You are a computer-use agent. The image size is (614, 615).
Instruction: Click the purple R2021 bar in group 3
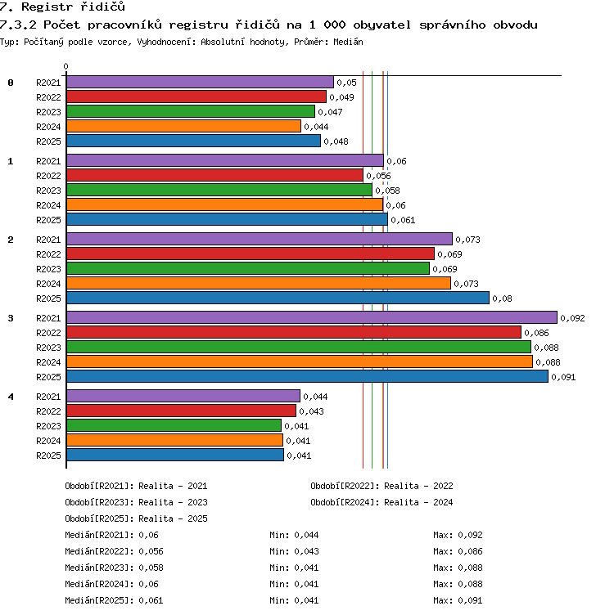point(312,317)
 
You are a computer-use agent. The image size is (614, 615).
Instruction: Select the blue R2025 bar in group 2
point(278,298)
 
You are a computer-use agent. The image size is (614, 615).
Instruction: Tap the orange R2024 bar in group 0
point(183,126)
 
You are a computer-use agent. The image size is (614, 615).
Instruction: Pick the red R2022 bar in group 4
point(182,411)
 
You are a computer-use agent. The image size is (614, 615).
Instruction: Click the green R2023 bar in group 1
point(219,190)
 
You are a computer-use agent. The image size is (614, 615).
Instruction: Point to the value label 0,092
point(572,318)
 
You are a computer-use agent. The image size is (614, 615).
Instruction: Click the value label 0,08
point(502,299)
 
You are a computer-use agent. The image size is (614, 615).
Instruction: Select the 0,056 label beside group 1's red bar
point(378,176)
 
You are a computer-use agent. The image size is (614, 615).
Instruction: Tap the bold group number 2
point(11,240)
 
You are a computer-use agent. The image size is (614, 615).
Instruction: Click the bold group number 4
point(11,397)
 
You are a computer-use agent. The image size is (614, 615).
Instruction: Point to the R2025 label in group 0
point(48,141)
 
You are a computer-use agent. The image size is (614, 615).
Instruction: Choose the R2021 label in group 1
point(48,161)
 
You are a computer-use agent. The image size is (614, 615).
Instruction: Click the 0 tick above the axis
point(66,66)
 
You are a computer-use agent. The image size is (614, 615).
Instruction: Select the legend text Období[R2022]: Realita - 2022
point(381,486)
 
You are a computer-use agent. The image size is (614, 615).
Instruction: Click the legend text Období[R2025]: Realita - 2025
point(136,518)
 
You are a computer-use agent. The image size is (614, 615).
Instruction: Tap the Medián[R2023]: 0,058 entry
point(114,568)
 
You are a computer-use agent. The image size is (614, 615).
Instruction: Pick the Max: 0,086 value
point(458,551)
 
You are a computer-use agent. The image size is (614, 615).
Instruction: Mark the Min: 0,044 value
point(294,535)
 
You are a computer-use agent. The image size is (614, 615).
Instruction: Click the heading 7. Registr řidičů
point(62,7)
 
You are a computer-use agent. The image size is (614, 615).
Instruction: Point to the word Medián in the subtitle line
point(348,42)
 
